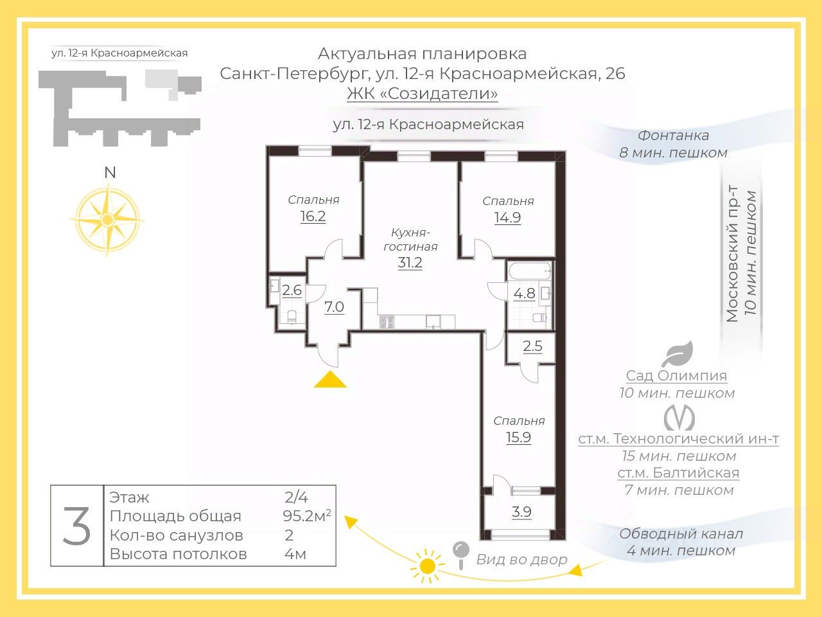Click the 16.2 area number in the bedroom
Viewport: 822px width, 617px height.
coord(313,216)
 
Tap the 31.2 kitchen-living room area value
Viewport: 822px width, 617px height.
coord(410,262)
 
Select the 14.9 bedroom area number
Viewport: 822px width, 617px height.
coord(507,217)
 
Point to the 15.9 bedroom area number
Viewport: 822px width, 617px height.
coord(518,437)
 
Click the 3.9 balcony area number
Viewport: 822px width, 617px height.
coord(521,512)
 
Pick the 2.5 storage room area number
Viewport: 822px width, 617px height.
coord(532,346)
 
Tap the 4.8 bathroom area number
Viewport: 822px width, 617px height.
coord(524,293)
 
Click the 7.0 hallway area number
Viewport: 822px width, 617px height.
coord(334,307)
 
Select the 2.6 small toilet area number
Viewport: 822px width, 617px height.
coord(292,290)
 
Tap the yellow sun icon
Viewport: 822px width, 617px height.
coord(427,566)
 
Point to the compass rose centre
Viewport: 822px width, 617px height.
coord(107,219)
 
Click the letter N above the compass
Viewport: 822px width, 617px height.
coord(110,173)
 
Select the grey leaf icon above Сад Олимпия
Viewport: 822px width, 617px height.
coord(677,353)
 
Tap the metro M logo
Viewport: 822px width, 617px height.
coord(679,418)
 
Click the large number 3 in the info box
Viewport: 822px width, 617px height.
coord(77,525)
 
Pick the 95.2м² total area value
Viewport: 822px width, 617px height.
coord(307,516)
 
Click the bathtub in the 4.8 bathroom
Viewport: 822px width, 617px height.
coord(530,271)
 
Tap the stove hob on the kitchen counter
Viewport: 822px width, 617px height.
coord(387,322)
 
